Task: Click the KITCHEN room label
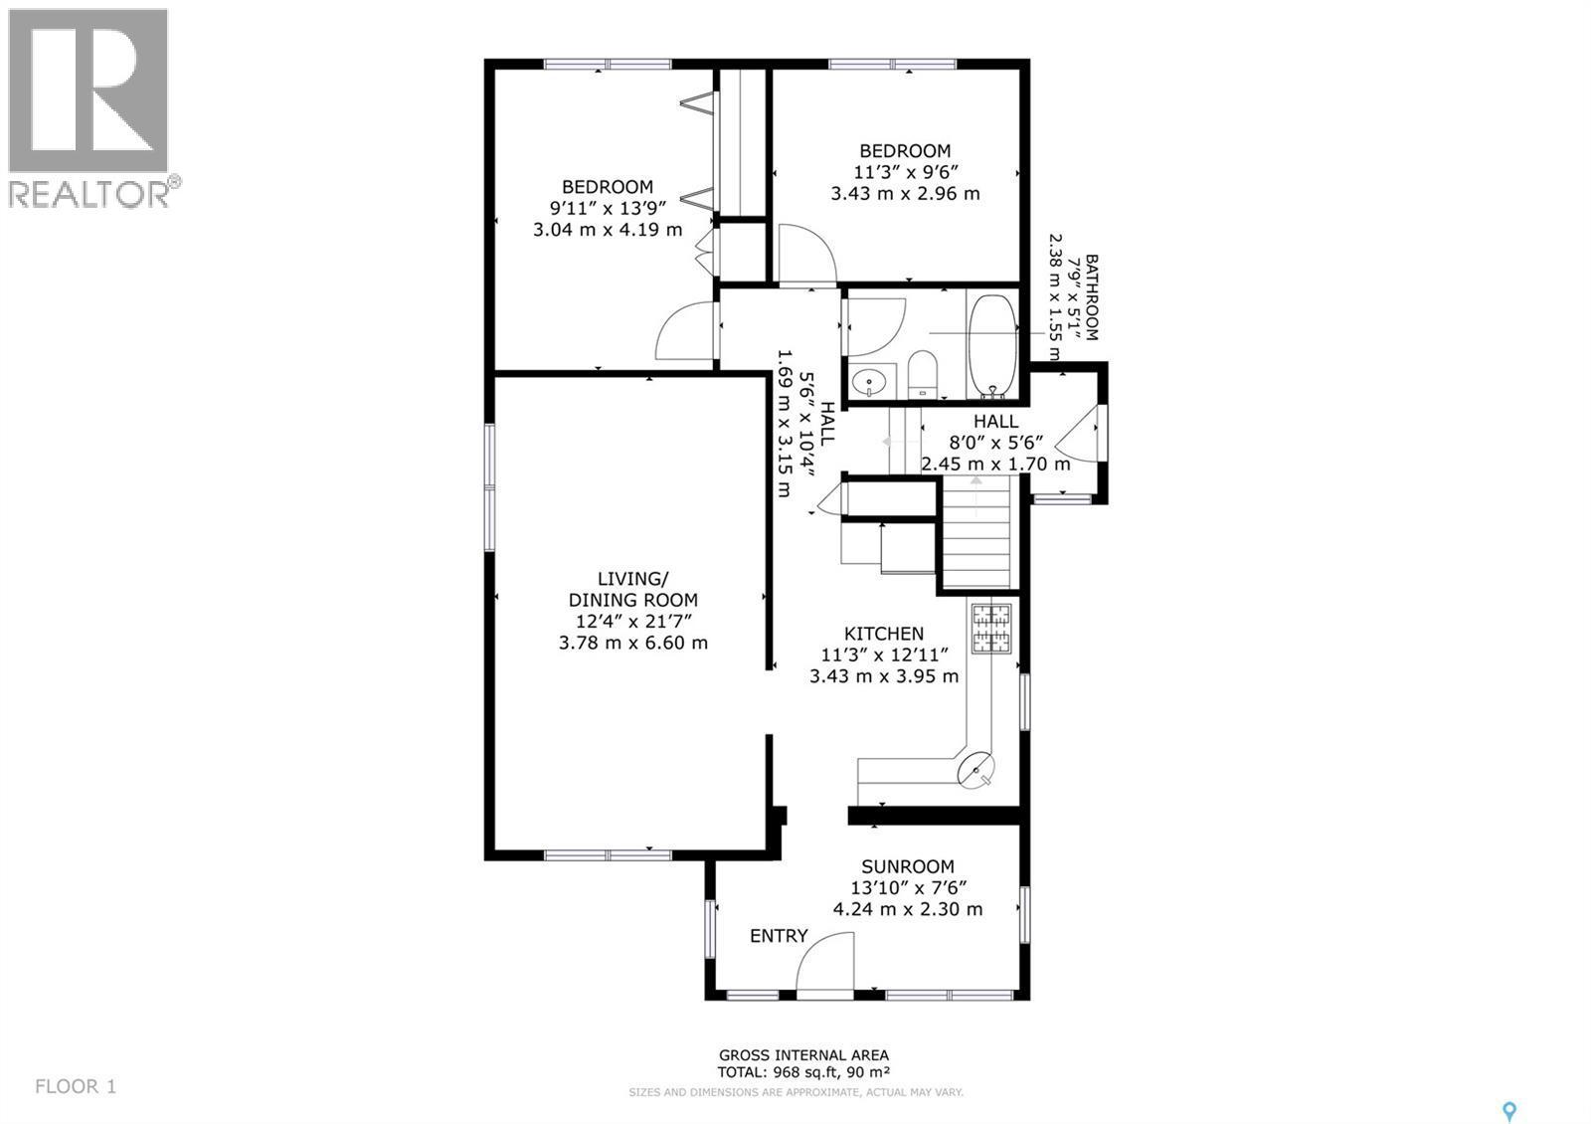click(884, 633)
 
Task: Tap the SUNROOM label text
click(908, 866)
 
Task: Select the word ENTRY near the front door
click(780, 936)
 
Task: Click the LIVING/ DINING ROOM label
click(632, 589)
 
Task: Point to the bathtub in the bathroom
click(992, 345)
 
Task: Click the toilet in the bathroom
click(924, 374)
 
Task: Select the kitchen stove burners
click(991, 628)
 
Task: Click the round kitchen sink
click(975, 770)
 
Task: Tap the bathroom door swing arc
click(876, 327)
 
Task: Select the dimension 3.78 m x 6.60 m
click(632, 643)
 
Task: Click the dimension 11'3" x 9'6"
click(906, 172)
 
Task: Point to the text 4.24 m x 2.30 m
click(908, 909)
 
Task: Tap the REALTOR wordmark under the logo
click(89, 193)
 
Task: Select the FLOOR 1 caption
click(76, 1086)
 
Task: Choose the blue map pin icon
click(1509, 1091)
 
